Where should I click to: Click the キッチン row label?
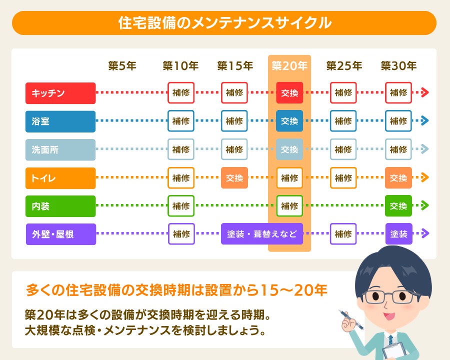point(60,93)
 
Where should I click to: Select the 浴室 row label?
point(60,121)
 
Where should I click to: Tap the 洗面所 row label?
point(60,149)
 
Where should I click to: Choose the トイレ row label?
point(60,177)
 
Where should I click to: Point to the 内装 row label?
point(60,205)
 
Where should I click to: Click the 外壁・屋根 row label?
point(60,233)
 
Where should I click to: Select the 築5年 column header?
point(122,65)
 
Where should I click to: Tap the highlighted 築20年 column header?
point(289,65)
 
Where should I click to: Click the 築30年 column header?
point(398,65)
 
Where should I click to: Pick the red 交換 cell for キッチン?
point(289,93)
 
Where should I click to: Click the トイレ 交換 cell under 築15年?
point(234,177)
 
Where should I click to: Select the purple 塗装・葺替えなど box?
point(262,233)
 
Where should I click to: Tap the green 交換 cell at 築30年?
point(398,205)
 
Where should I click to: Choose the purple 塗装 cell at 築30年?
point(398,233)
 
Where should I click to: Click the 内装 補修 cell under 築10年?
point(181,205)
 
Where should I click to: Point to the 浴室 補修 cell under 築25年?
point(343,121)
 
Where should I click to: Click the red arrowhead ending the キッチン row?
point(425,92)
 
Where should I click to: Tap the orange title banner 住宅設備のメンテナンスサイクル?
point(224,23)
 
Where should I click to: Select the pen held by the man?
point(346,316)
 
